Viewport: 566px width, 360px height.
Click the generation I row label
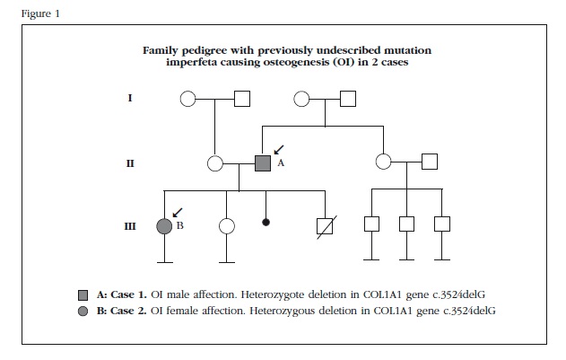pyautogui.click(x=130, y=97)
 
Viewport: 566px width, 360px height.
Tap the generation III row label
pyautogui.click(x=130, y=225)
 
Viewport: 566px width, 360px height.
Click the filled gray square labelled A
pyautogui.click(x=263, y=163)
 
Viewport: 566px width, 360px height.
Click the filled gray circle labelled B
pyautogui.click(x=164, y=225)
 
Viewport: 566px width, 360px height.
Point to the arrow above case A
pyautogui.click(x=277, y=146)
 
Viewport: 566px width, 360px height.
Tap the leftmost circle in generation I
pyautogui.click(x=188, y=98)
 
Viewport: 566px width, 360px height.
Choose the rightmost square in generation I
pyautogui.click(x=347, y=98)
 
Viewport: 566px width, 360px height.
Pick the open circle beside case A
pyautogui.click(x=215, y=163)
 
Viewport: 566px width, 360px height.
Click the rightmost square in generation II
pyautogui.click(x=429, y=162)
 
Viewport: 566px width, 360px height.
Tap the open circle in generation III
pyautogui.click(x=227, y=225)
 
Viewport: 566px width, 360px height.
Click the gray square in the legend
pyautogui.click(x=83, y=294)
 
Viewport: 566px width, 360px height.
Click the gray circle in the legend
pyautogui.click(x=83, y=311)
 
